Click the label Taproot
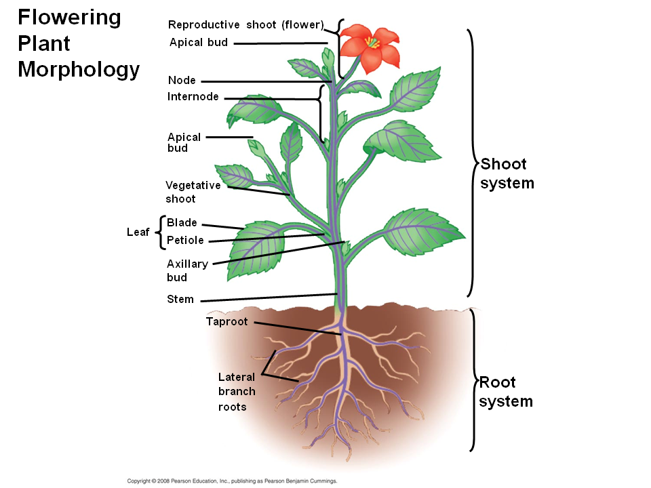(x=226, y=321)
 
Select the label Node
(x=182, y=81)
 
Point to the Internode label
(x=193, y=97)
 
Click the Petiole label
(x=185, y=240)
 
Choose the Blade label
(x=182, y=222)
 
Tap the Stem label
(x=180, y=299)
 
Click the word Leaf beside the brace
(x=138, y=232)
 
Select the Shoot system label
(x=507, y=174)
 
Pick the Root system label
(x=505, y=392)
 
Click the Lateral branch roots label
(x=237, y=392)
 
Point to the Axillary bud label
(x=187, y=270)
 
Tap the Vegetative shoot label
(x=193, y=192)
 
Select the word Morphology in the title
(x=79, y=69)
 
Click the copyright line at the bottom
(x=232, y=481)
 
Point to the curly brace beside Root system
(x=473, y=380)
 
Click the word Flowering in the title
(x=68, y=18)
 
